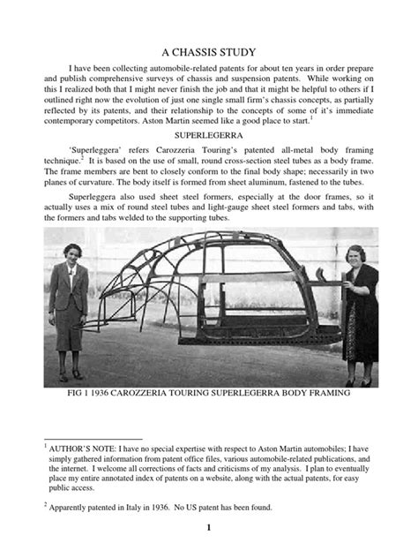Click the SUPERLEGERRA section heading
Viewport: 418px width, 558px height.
click(209, 139)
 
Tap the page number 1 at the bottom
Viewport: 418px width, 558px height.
click(209, 528)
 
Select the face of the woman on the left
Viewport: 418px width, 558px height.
click(71, 250)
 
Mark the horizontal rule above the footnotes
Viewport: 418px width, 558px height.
click(93, 438)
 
